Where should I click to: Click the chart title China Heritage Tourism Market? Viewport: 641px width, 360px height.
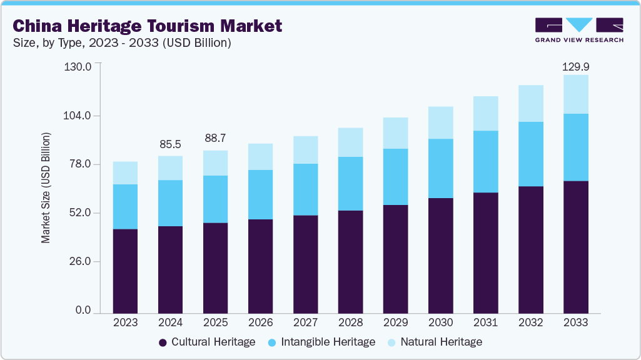(x=148, y=26)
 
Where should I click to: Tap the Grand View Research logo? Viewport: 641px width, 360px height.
(x=579, y=30)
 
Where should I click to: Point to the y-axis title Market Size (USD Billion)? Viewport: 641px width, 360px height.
(x=46, y=187)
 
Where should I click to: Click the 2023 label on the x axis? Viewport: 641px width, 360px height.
(x=125, y=323)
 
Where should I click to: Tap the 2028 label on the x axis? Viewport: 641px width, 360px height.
(x=350, y=323)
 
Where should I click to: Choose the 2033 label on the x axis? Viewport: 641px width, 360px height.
(x=575, y=323)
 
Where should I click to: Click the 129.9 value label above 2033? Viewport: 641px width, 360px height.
(x=575, y=66)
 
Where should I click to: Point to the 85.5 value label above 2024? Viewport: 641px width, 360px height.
(x=170, y=144)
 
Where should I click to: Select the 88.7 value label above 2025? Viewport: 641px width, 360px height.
(x=215, y=139)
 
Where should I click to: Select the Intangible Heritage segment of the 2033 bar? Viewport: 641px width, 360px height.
(x=575, y=147)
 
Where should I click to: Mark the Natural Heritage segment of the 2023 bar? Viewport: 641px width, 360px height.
(x=125, y=173)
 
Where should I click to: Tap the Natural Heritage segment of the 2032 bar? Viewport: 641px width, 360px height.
(x=530, y=103)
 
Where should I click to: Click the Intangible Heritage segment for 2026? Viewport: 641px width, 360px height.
(x=260, y=194)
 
